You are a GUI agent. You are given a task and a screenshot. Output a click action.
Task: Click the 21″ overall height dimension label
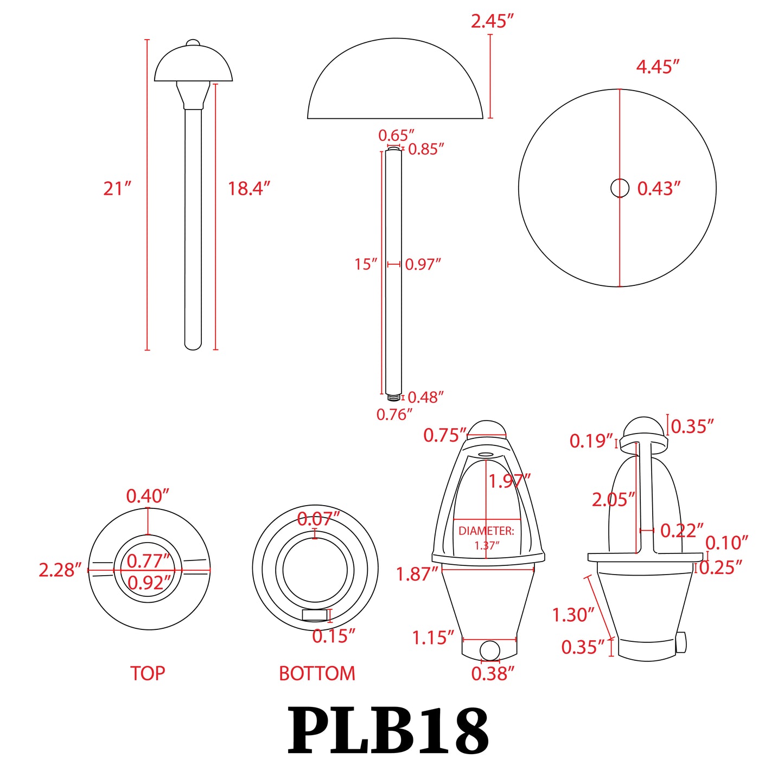117,189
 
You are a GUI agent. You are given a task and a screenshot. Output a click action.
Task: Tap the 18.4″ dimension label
248,189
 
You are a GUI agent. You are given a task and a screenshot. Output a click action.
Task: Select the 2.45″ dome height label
492,22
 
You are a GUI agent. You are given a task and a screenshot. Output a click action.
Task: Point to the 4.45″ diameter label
658,67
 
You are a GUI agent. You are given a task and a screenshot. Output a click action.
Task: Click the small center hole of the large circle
620,188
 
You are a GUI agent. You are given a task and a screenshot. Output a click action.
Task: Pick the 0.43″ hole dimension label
658,189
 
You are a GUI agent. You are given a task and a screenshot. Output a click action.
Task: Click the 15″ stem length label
366,264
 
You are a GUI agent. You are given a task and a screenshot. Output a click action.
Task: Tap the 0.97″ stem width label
423,264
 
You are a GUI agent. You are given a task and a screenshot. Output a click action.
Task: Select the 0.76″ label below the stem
394,415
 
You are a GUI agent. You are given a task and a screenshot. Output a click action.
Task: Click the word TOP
148,673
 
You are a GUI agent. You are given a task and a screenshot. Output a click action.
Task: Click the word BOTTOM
317,673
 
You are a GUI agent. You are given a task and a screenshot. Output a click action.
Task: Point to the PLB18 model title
388,731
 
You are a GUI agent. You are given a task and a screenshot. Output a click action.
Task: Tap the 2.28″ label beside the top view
60,570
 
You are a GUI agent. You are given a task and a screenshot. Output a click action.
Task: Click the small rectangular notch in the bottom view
315,615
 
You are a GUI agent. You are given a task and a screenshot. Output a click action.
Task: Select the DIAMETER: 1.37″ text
486,538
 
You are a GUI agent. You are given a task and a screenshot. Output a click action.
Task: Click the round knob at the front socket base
490,650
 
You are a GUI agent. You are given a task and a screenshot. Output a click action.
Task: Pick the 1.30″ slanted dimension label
573,615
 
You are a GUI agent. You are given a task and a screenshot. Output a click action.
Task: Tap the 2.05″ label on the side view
613,500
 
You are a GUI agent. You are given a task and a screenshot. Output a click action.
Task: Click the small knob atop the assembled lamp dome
193,43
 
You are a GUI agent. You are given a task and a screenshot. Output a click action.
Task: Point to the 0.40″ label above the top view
148,496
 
